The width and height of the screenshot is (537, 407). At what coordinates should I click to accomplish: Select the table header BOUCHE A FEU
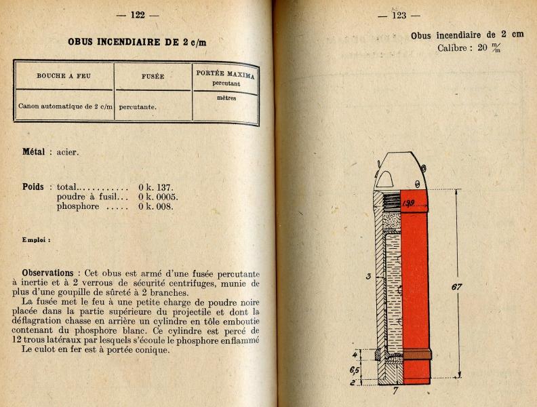pos(64,75)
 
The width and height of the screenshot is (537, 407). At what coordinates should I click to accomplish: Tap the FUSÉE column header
pos(153,77)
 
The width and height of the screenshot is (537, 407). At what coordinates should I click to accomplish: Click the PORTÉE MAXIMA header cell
pos(226,73)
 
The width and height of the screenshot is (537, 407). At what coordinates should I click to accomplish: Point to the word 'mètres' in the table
pos(226,97)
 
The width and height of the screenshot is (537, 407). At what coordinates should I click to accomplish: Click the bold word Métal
pos(34,152)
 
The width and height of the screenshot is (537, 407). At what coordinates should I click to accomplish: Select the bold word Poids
pos(33,187)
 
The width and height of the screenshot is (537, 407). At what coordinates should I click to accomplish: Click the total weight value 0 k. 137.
pos(156,187)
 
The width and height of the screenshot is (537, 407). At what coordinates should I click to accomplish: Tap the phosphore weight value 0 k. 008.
pos(156,206)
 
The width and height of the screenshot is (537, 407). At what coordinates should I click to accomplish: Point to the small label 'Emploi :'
pos(36,239)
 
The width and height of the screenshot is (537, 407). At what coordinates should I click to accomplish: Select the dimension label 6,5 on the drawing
pos(355,370)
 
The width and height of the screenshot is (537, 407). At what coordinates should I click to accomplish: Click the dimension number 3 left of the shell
pos(367,276)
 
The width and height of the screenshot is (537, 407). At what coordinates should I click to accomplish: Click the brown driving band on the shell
pos(414,353)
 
